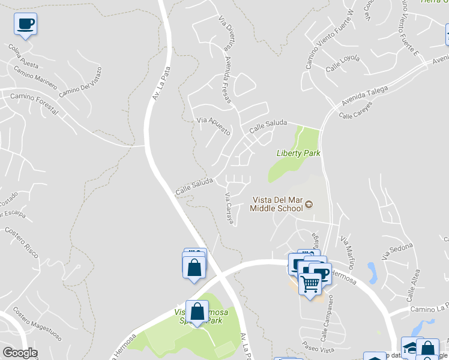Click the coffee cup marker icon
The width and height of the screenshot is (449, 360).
pyautogui.click(x=25, y=24)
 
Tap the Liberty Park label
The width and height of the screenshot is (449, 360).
pyautogui.click(x=298, y=153)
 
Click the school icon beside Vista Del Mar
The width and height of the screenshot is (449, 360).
pyautogui.click(x=309, y=205)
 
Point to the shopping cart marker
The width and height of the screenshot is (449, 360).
pyautogui.click(x=310, y=283)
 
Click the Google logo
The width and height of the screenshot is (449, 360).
pyautogui.click(x=20, y=353)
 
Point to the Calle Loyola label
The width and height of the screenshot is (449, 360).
pyautogui.click(x=343, y=64)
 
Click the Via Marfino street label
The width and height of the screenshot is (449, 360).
pyautogui.click(x=348, y=252)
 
